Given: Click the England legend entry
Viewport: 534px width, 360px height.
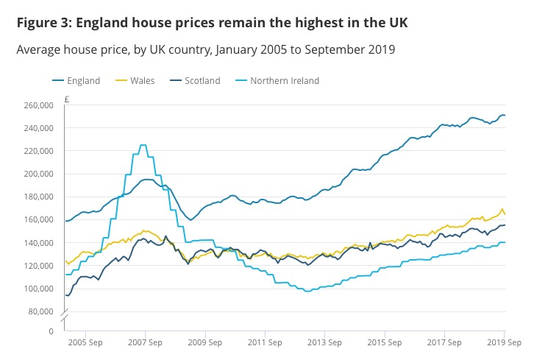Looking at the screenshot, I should coord(82,80).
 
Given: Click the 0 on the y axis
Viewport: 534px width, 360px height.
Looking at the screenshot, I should coord(51,332).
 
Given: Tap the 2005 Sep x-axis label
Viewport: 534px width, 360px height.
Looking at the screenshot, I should coord(85,342).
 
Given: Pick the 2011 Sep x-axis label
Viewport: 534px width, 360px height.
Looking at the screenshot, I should coord(266,342).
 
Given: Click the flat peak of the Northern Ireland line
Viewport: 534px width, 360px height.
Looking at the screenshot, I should coord(143,145).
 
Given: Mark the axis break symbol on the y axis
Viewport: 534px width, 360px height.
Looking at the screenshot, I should coord(65,317).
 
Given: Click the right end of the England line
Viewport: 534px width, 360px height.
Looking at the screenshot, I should coord(505,116).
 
